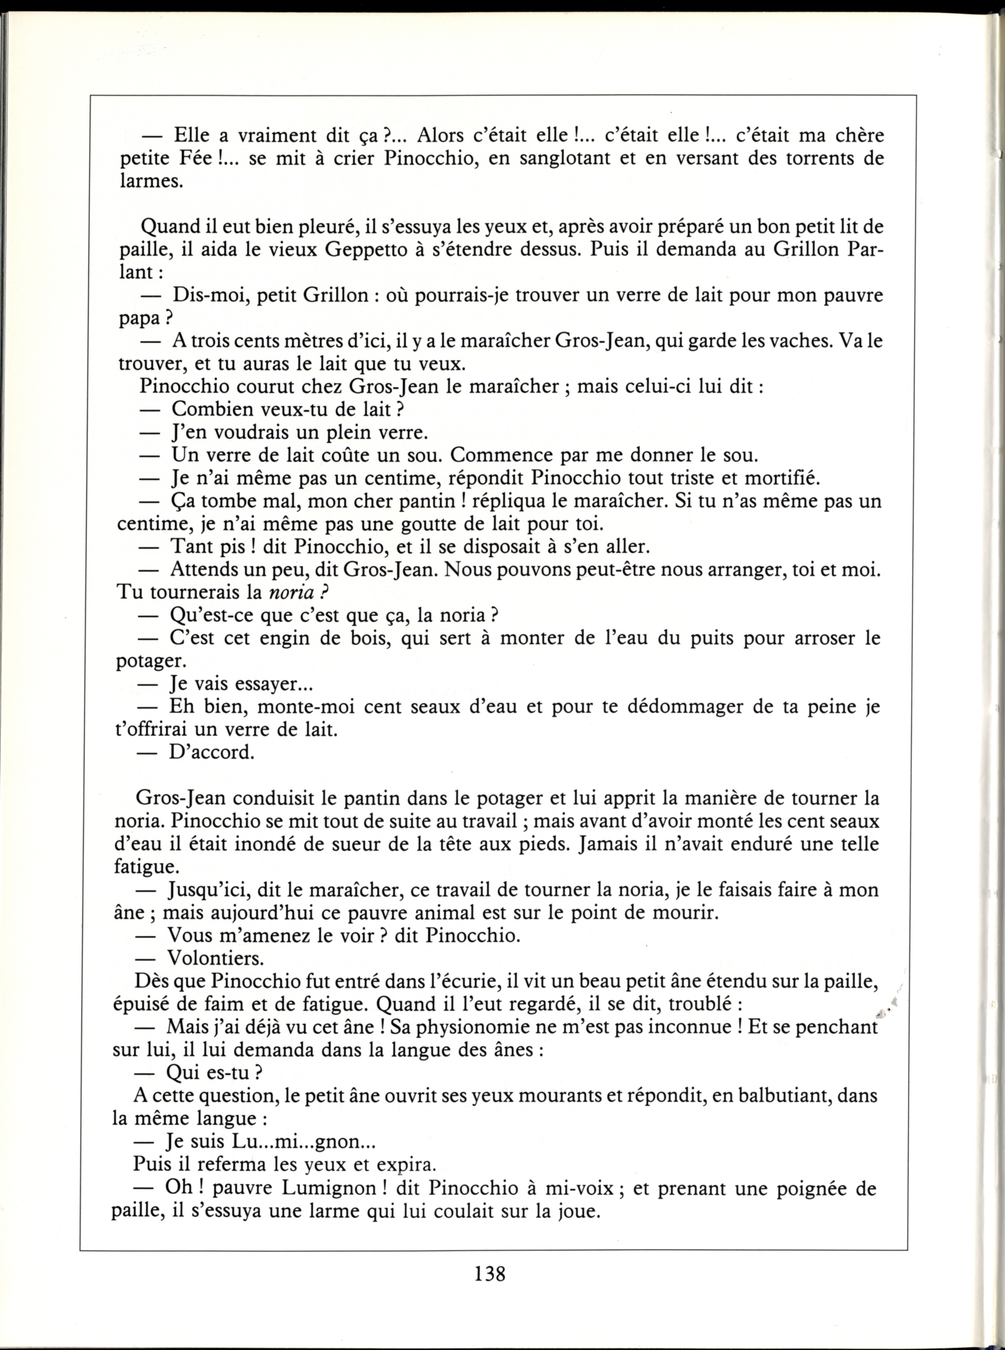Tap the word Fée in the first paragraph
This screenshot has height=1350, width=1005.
pyautogui.click(x=196, y=158)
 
